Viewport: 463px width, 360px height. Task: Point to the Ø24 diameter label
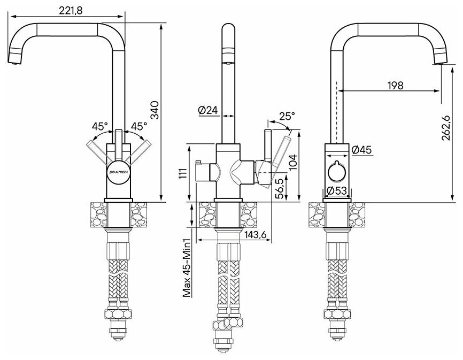pyautogui.click(x=206, y=110)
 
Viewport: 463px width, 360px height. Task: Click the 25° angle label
pyautogui.click(x=287, y=115)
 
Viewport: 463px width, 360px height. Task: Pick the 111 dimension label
pyautogui.click(x=183, y=174)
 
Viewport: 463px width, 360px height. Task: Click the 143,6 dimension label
pyautogui.click(x=256, y=234)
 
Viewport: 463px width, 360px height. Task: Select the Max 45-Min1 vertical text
pyautogui.click(x=188, y=267)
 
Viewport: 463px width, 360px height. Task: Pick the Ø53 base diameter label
pyautogui.click(x=337, y=190)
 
